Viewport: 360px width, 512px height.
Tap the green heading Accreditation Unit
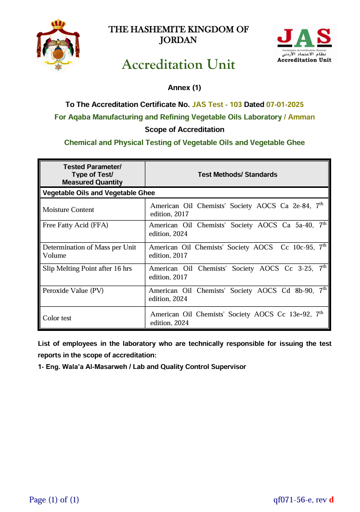pos(179,65)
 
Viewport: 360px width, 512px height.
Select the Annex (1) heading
pos(184,88)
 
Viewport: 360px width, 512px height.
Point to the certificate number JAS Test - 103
pos(217,105)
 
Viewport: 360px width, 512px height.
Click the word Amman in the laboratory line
pos(301,117)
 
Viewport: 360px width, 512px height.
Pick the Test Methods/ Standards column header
pos(237,174)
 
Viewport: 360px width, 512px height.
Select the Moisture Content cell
pos(68,210)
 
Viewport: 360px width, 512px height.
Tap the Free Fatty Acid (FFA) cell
pos(76,225)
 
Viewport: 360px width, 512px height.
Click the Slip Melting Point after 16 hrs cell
pos(87,268)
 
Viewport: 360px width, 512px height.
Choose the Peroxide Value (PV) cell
pos(73,290)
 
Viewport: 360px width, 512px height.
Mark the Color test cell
pos(57,318)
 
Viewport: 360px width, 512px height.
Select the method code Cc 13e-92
pos(294,314)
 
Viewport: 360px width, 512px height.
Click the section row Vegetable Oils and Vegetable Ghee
pos(99,193)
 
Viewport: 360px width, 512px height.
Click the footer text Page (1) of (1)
pos(54,500)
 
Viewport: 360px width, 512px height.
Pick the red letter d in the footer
pos(331,500)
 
